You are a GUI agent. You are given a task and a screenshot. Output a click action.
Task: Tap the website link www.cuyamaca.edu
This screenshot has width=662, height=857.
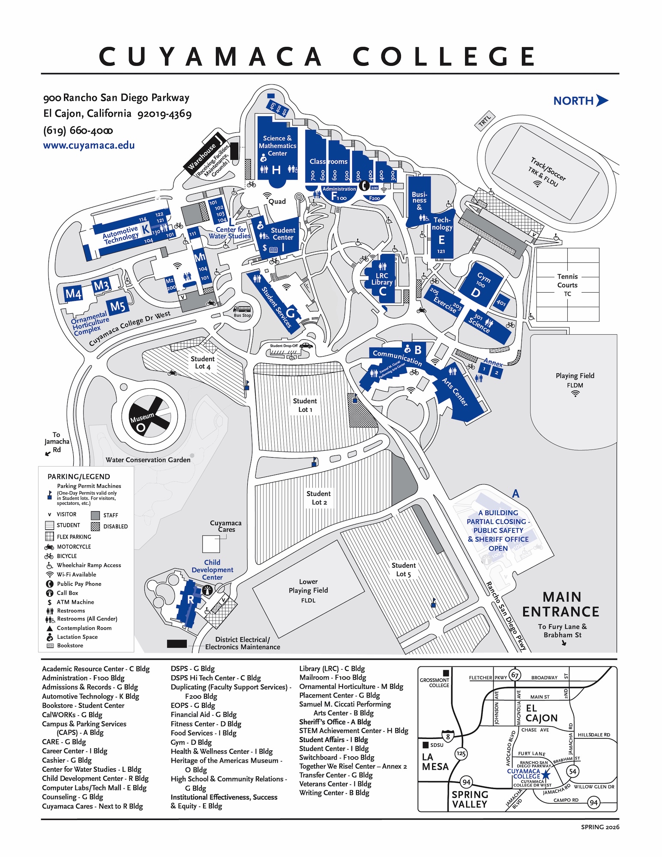tap(89, 145)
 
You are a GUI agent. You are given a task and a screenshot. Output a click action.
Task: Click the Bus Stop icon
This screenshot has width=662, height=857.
tap(242, 311)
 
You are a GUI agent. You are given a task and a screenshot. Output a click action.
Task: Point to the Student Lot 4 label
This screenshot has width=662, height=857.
tap(203, 363)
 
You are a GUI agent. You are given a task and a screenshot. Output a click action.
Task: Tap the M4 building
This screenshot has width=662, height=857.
tap(73, 294)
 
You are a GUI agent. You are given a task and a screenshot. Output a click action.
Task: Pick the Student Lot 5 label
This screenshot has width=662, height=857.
tap(403, 569)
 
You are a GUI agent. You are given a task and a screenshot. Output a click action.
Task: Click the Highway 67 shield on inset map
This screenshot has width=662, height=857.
tap(515, 675)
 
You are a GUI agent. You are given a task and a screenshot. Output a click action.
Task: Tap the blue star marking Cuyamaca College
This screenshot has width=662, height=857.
tap(545, 774)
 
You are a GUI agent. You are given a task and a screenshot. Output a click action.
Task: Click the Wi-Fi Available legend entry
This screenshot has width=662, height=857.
tap(76, 575)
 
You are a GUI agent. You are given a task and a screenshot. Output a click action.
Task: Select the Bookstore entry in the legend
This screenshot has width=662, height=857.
tap(70, 645)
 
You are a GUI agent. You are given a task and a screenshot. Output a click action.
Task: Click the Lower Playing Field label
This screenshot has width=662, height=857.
tap(308, 590)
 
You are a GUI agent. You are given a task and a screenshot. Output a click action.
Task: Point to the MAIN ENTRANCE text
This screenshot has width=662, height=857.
tap(561, 604)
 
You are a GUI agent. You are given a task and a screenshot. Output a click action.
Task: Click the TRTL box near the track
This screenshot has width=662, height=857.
tap(485, 121)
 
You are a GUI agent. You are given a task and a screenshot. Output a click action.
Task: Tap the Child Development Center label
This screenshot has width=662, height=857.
tap(212, 569)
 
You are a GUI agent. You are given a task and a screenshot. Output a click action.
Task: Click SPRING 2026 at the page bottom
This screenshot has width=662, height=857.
tap(599, 827)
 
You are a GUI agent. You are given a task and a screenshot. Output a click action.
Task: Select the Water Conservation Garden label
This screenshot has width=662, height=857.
tap(148, 460)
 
